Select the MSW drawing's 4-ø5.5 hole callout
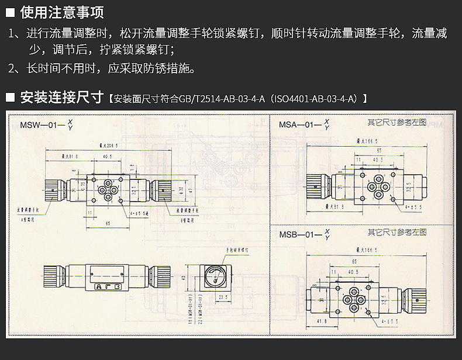point(138,213)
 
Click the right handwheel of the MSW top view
point(163,188)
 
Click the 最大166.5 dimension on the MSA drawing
point(368,141)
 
